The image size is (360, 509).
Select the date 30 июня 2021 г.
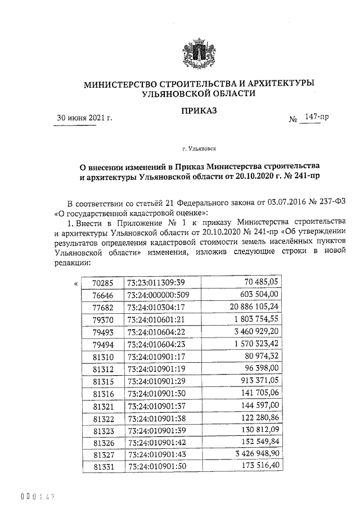click(85, 118)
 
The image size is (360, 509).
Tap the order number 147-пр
click(315, 118)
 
